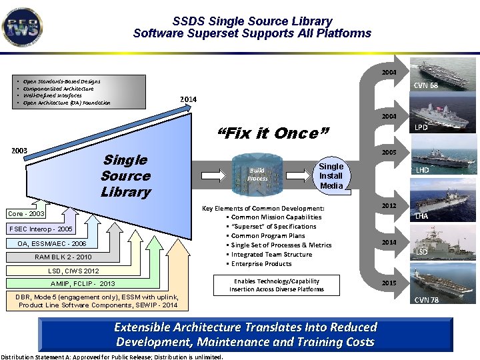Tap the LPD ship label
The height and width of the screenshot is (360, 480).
[x=422, y=127]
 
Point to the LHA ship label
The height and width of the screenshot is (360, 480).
[x=422, y=216]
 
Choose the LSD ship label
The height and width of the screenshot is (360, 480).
[x=422, y=252]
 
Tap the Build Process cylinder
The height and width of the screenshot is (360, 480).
[x=257, y=175]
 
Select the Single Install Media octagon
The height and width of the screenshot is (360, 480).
[x=331, y=176]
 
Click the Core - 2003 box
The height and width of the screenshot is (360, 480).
[x=27, y=214]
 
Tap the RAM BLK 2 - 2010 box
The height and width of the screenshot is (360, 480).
[x=63, y=257]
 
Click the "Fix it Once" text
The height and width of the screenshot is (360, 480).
[x=273, y=133]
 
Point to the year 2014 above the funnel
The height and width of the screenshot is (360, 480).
[x=188, y=99]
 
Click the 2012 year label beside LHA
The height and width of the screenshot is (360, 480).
[x=389, y=206]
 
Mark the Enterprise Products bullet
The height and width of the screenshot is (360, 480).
[x=261, y=263]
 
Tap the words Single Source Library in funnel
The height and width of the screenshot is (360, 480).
[x=125, y=176]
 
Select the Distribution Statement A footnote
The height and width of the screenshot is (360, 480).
[x=112, y=357]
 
